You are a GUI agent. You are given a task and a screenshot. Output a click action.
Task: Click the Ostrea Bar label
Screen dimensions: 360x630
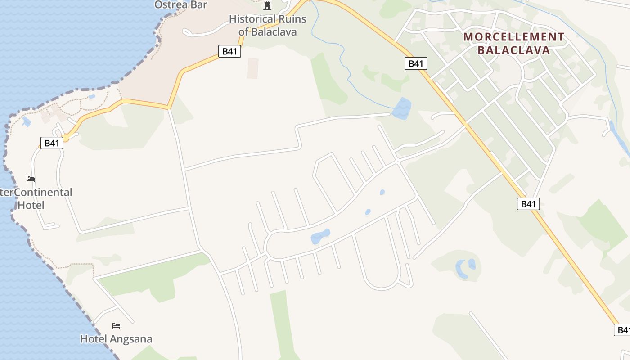(x=180, y=4)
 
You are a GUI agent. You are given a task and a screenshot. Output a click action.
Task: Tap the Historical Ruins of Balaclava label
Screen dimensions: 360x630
(x=267, y=25)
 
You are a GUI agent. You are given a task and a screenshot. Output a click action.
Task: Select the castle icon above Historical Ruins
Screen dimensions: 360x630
(x=268, y=5)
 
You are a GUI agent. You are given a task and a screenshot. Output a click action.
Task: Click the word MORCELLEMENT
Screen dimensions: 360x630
(x=513, y=37)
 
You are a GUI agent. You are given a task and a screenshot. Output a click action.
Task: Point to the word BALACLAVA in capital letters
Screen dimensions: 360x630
(x=514, y=50)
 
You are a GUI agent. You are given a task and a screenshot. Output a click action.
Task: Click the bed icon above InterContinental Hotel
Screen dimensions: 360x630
(x=31, y=179)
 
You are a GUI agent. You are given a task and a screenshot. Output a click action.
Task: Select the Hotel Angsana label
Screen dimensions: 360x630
(x=116, y=339)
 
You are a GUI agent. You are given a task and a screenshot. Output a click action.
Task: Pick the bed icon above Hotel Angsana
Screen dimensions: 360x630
(x=116, y=325)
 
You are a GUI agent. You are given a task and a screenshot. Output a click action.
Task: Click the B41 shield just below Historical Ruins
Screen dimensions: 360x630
(x=229, y=51)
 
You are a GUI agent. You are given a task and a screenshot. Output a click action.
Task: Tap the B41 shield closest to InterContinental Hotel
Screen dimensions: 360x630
(x=52, y=143)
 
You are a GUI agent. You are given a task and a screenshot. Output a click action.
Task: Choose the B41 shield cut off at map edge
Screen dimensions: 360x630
(x=622, y=330)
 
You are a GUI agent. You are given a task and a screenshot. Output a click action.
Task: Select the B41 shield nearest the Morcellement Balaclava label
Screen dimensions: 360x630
(x=415, y=63)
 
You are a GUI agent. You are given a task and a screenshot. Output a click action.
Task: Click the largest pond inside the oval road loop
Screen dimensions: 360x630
(x=320, y=236)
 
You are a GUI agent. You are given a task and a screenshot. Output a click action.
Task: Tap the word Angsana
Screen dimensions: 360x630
(x=130, y=339)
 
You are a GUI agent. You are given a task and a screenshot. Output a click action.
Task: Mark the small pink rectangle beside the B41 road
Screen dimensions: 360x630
(x=253, y=68)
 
